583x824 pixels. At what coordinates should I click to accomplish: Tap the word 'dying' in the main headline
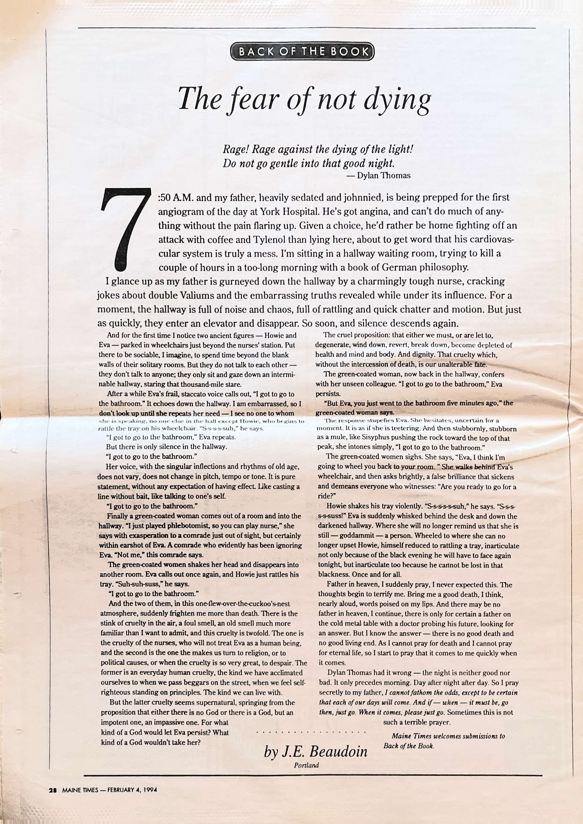(x=396, y=99)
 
